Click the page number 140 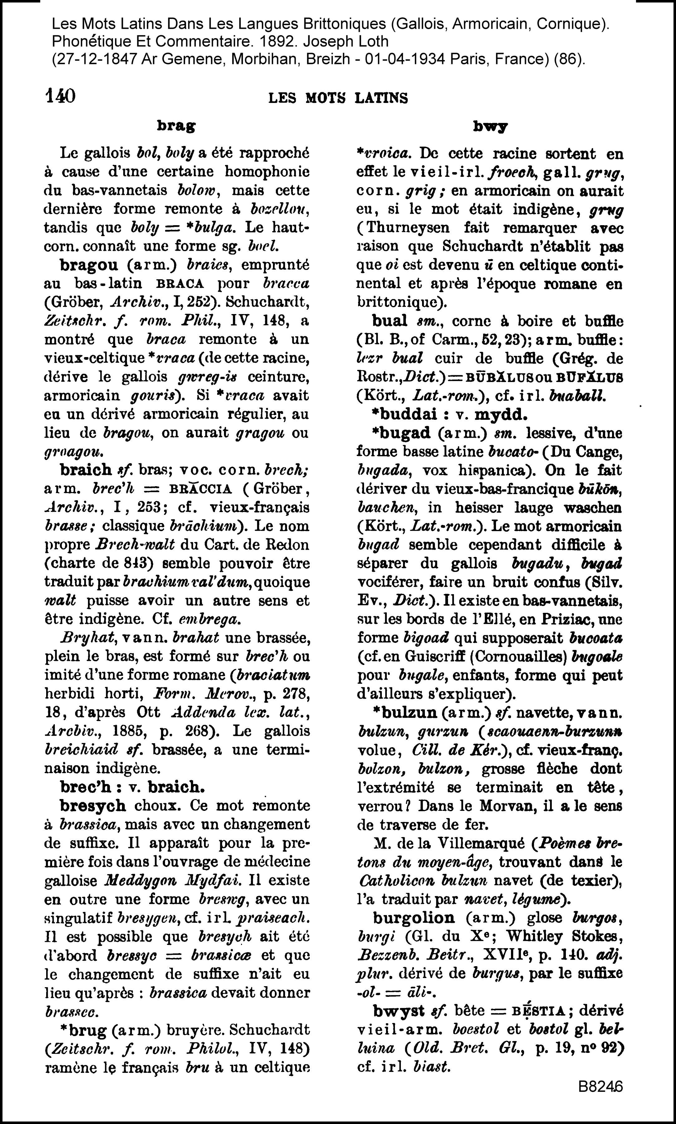point(61,96)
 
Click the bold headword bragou point(89,265)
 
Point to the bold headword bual point(390,321)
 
